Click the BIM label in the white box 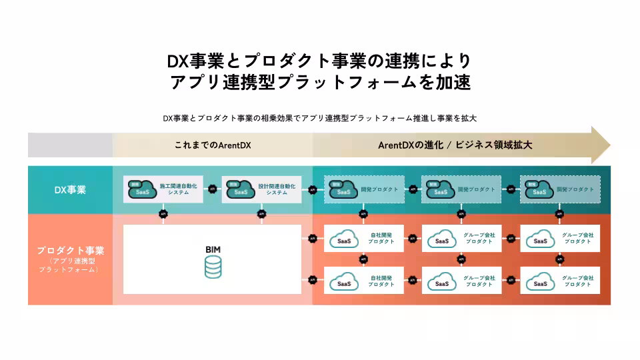tap(213, 249)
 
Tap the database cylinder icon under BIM tap(213, 268)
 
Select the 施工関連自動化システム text tap(179, 189)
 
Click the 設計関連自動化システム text tap(277, 189)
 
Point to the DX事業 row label tap(70, 190)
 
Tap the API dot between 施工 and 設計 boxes tap(213, 189)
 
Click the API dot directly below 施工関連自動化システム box tap(163, 214)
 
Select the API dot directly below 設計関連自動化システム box tap(261, 214)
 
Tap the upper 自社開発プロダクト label tap(381, 238)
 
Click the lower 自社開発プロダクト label tap(381, 281)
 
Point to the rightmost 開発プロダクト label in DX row tap(576, 189)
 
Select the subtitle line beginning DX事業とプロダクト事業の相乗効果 tap(320, 118)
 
